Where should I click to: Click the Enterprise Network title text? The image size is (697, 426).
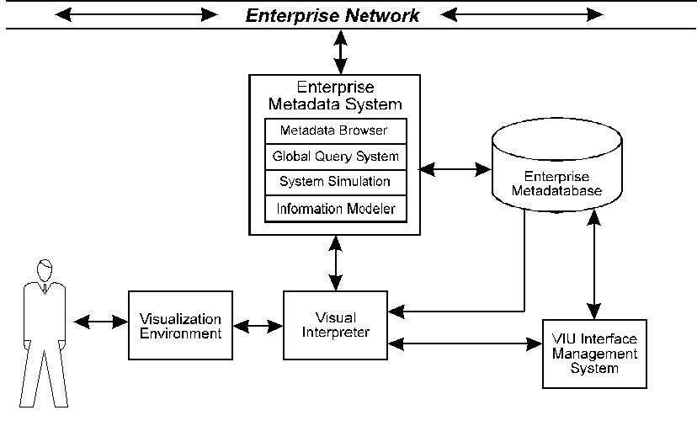pos(332,14)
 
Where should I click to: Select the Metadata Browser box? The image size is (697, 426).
pos(335,131)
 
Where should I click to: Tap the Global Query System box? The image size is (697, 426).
pos(335,157)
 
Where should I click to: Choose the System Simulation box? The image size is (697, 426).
pos(335,182)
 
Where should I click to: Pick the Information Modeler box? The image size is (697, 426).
pos(335,208)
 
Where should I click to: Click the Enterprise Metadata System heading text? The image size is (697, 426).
pos(335,96)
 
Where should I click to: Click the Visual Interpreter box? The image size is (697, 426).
pos(335,325)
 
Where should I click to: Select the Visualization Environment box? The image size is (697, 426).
pos(179,326)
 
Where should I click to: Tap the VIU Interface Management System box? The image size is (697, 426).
pos(593,354)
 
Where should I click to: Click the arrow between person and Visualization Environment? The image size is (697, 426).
pos(100,322)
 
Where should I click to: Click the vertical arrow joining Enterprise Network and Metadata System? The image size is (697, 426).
pos(340,52)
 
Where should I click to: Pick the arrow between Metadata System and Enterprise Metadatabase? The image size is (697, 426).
pos(455,169)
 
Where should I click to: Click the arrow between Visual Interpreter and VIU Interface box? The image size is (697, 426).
pos(464,343)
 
